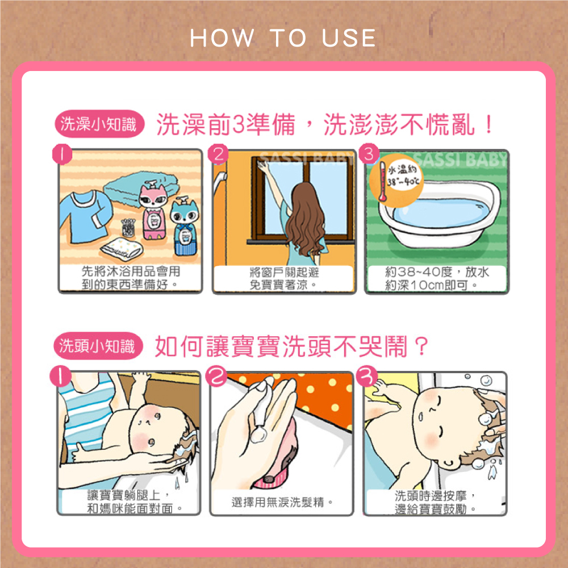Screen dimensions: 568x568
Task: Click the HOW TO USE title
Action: pyautogui.click(x=283, y=37)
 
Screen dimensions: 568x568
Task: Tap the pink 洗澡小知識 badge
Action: pyautogui.click(x=99, y=124)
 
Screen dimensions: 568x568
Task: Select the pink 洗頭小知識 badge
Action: pyautogui.click(x=98, y=346)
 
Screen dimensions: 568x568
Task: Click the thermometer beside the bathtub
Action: pyautogui.click(x=382, y=182)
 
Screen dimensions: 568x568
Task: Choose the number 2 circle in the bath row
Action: pyautogui.click(x=219, y=154)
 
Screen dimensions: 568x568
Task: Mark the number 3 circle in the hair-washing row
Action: pyautogui.click(x=367, y=376)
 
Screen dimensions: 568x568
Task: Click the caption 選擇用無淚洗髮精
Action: pyautogui.click(x=282, y=503)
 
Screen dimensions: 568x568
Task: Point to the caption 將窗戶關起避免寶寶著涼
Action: pyautogui.click(x=283, y=278)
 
